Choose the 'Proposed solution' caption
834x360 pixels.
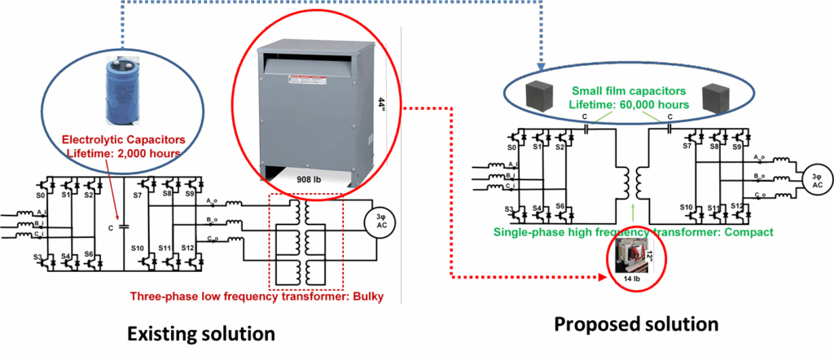[636, 324]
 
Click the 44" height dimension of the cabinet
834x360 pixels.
[380, 104]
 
